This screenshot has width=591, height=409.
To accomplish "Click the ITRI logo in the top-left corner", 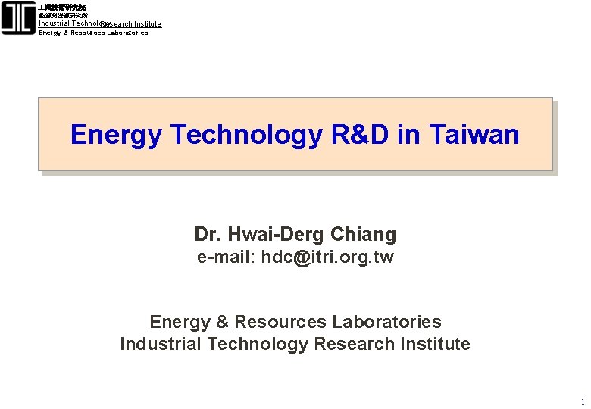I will point(18,18).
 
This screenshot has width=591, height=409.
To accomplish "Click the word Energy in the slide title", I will point(116,135).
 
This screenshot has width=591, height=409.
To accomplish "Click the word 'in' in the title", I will point(409,135).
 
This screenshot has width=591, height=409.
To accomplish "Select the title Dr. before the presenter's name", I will point(205,235).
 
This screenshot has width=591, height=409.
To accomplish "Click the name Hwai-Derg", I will point(274,235).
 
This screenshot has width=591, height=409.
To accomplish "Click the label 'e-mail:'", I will point(226,257).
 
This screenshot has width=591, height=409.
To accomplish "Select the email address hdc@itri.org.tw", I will point(327,257).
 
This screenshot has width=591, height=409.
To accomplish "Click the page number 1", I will point(581,401).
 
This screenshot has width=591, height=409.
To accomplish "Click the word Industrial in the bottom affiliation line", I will point(161,344).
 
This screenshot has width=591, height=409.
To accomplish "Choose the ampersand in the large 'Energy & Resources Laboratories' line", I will point(222,322).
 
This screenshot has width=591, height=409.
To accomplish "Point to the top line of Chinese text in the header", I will point(62,7).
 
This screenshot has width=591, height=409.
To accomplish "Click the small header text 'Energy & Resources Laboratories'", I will point(93,33).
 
